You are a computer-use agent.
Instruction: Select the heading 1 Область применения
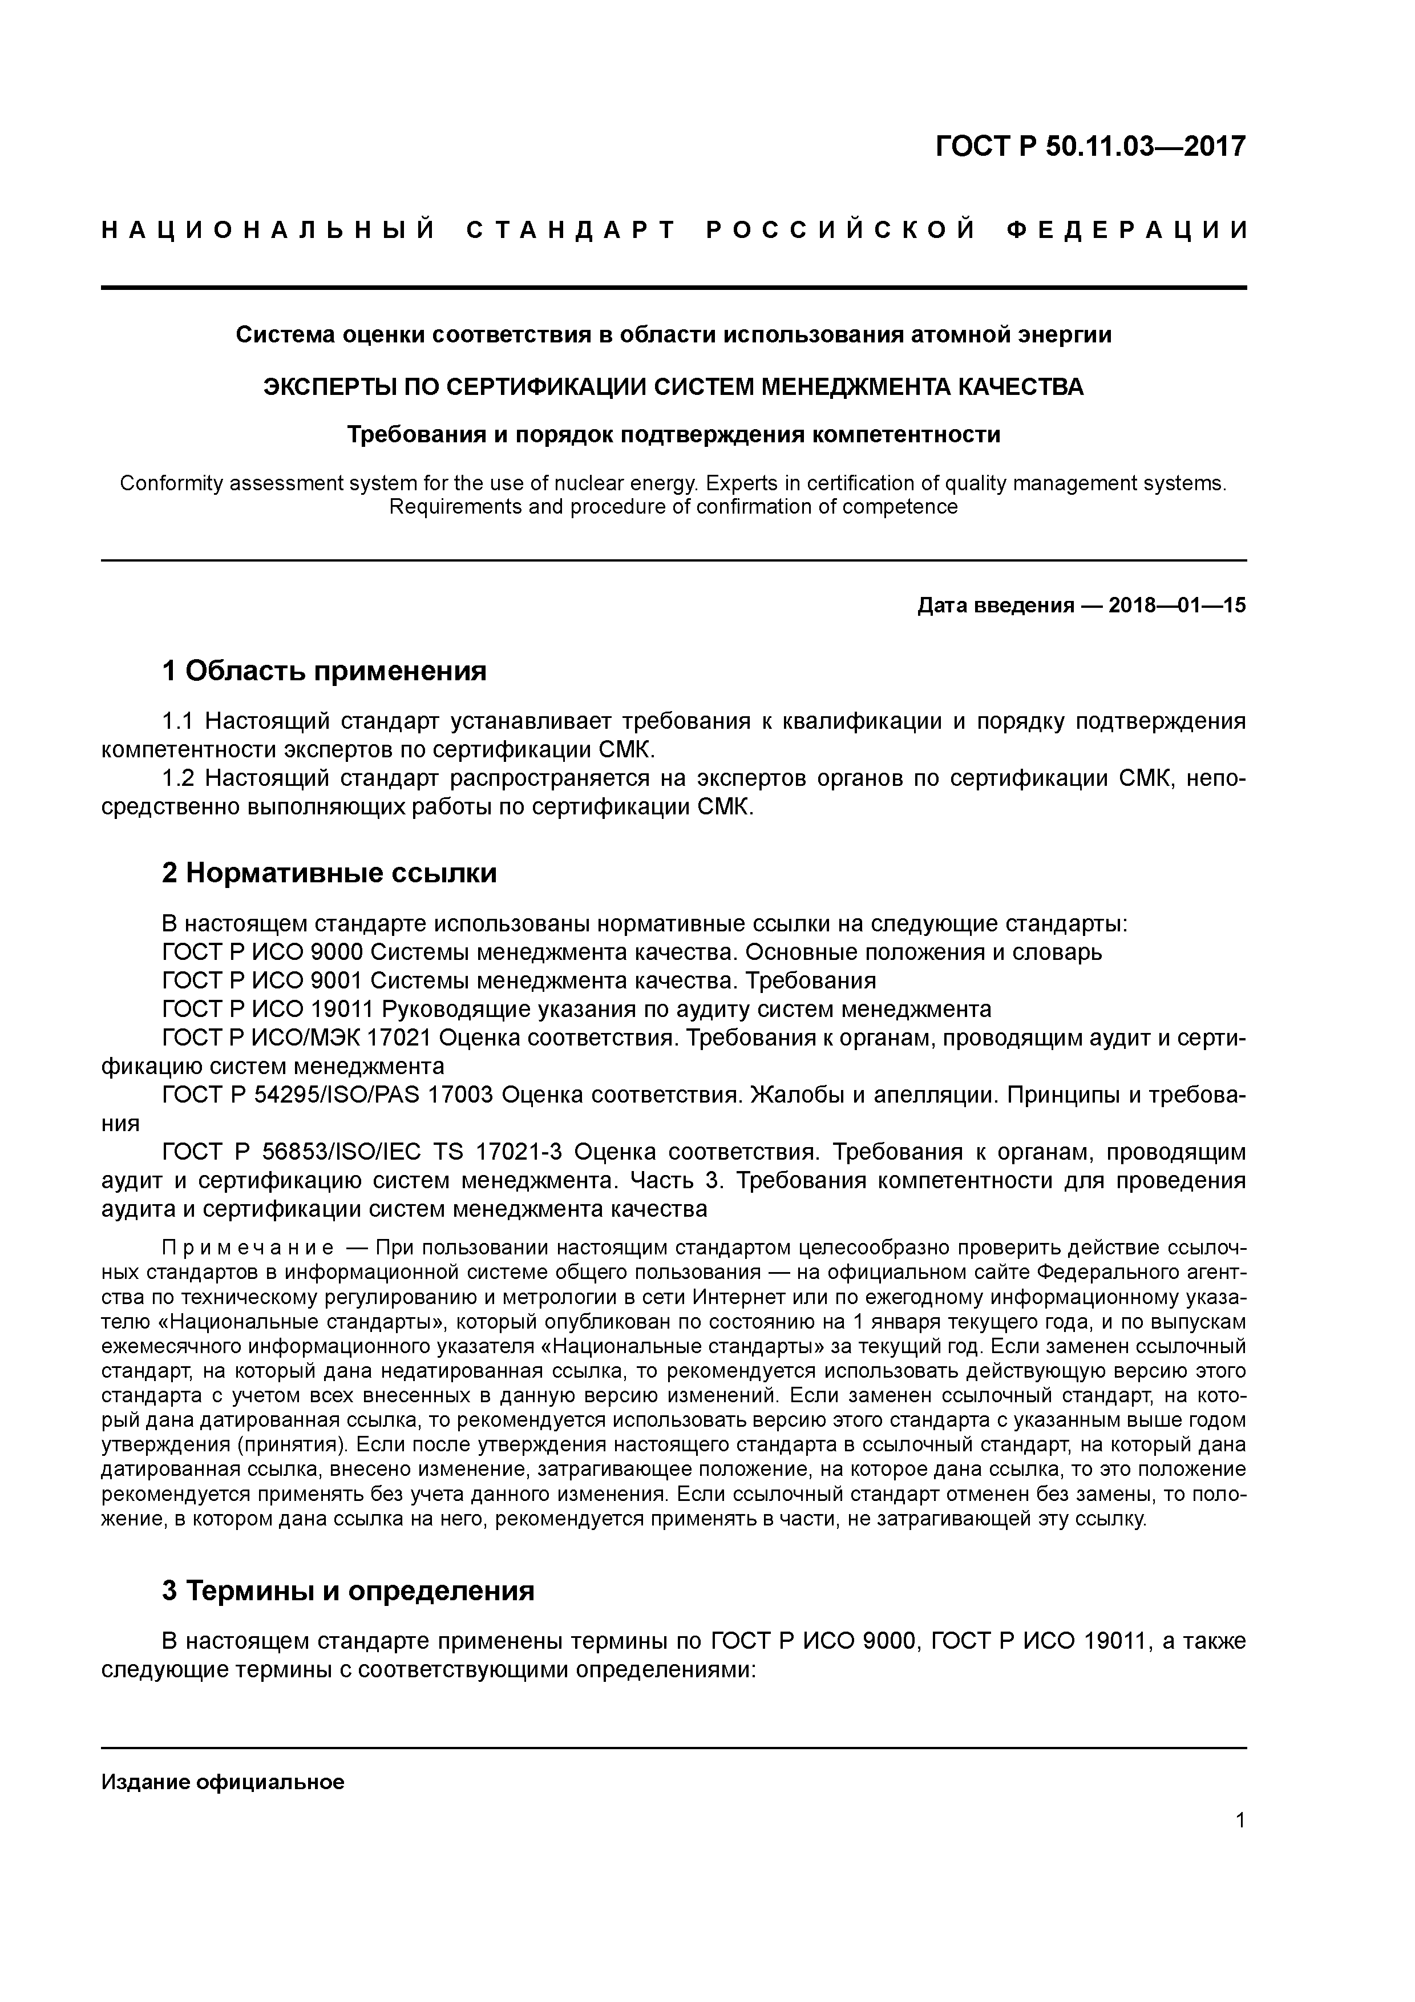324,671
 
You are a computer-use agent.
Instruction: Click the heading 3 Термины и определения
348,1591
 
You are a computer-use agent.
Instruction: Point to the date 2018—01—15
1177,605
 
